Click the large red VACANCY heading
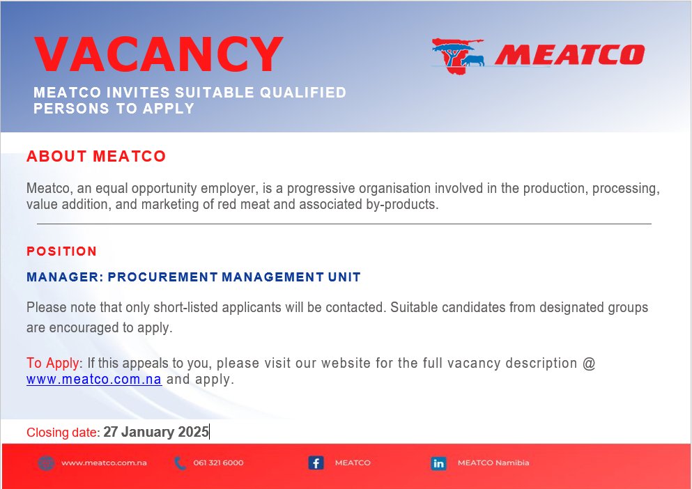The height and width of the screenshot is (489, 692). (159, 54)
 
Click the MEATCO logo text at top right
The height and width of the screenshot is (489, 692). (569, 54)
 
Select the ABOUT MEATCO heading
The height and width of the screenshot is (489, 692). (96, 156)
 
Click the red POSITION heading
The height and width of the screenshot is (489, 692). (61, 251)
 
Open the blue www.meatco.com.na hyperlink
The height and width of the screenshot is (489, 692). (94, 380)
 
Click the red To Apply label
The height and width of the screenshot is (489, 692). (53, 363)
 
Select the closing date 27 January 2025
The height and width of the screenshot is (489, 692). (156, 432)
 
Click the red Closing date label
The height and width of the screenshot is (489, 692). (63, 433)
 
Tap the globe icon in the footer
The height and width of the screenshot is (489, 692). (46, 463)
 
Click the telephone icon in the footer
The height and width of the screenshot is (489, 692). (180, 463)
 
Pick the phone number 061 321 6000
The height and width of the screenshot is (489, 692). (218, 463)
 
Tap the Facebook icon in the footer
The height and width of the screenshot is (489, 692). (316, 463)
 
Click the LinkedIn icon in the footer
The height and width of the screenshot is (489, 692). (438, 463)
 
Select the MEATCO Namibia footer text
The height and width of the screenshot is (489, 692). (493, 463)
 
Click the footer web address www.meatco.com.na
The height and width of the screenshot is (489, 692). (103, 463)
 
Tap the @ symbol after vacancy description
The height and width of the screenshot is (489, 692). (588, 363)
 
